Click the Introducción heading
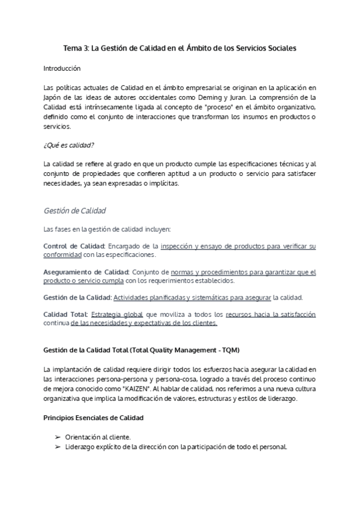67,68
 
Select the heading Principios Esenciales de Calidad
94,417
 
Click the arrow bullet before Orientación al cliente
57,436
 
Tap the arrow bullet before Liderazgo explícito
57,447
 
